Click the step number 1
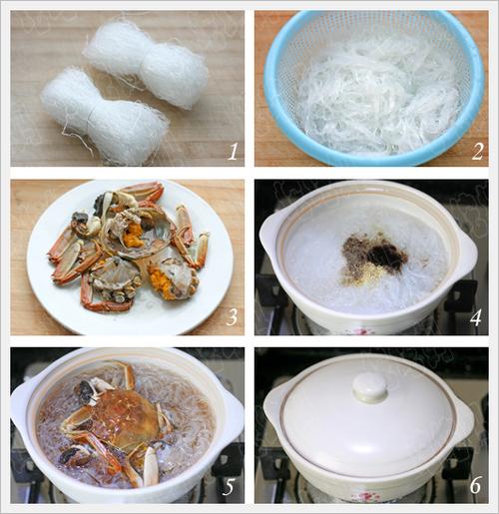tap(233, 151)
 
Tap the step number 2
tap(477, 151)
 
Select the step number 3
tap(232, 316)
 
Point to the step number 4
tap(476, 316)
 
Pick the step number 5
tap(229, 487)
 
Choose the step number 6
tap(476, 486)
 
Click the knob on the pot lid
tap(369, 386)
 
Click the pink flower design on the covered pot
tap(366, 497)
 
